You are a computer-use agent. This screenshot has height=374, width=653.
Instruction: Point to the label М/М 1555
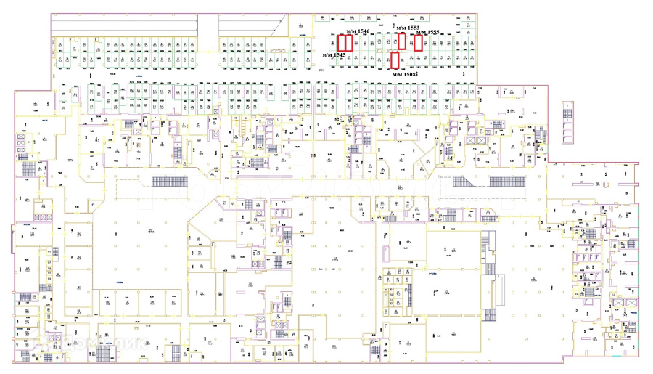(427, 32)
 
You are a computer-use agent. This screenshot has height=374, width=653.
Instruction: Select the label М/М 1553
(408, 28)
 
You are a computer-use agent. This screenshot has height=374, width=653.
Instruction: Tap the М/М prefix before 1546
(351, 32)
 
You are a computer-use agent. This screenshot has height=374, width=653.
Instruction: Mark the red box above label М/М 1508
(395, 60)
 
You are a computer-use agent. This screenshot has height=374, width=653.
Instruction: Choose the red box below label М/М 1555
(418, 43)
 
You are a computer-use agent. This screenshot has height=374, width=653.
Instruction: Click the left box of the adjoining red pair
(341, 43)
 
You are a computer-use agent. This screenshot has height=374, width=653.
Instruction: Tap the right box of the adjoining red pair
(349, 43)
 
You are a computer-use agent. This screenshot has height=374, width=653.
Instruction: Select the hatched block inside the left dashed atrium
(175, 181)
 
